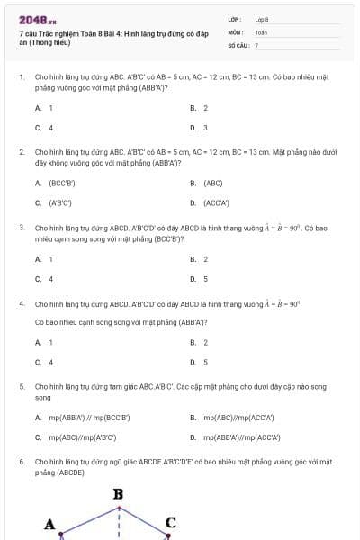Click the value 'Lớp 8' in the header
(262, 19)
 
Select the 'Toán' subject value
(261, 31)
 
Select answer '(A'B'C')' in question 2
(60, 202)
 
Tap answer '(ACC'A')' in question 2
(217, 202)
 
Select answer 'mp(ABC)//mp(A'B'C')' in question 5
(83, 437)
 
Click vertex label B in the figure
(118, 494)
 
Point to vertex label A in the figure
(50, 524)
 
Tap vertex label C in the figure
(170, 522)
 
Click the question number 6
(21, 461)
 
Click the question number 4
(21, 304)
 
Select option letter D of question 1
(193, 128)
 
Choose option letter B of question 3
(193, 259)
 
